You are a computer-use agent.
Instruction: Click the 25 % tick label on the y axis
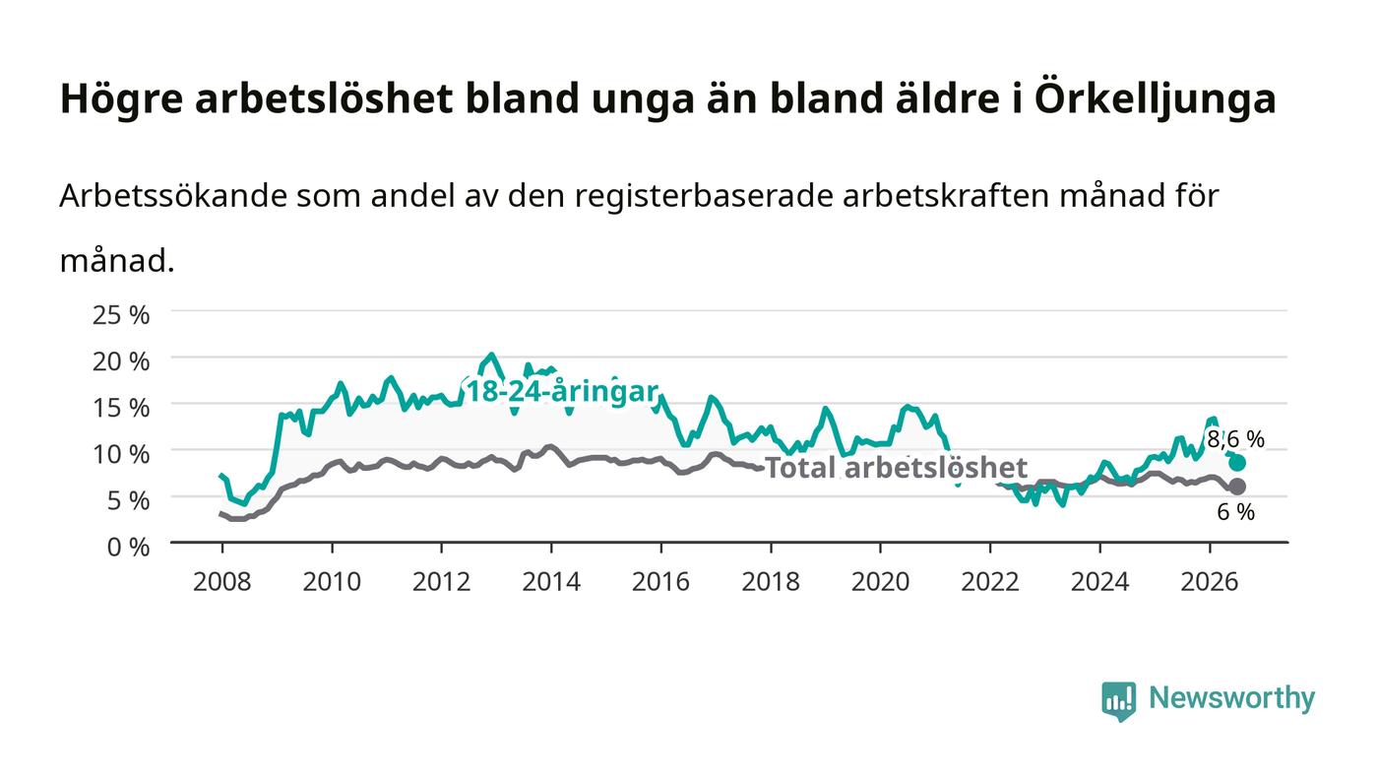[121, 315]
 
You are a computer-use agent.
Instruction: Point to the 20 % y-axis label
[121, 361]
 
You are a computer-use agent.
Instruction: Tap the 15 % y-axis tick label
[121, 408]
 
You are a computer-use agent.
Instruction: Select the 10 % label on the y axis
[121, 454]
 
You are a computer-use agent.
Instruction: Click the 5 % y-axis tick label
[129, 500]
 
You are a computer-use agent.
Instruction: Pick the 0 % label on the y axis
[129, 547]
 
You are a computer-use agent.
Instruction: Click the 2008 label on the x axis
[222, 582]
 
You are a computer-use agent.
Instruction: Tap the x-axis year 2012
[442, 582]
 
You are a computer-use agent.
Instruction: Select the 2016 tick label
[660, 582]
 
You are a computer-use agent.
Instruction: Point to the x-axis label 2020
[880, 582]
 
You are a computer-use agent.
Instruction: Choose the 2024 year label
[1100, 582]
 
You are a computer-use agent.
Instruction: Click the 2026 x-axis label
[1210, 582]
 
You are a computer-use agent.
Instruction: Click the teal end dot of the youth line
[1237, 463]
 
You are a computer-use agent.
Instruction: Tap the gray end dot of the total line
[1237, 487]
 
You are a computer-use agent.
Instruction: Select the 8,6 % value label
[1236, 439]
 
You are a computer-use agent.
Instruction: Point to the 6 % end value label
[1236, 512]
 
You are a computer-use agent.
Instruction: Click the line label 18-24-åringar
[563, 392]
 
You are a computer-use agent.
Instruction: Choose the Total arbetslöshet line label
[896, 468]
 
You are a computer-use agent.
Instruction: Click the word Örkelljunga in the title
[1156, 98]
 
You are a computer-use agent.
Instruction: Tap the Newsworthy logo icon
[1118, 700]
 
